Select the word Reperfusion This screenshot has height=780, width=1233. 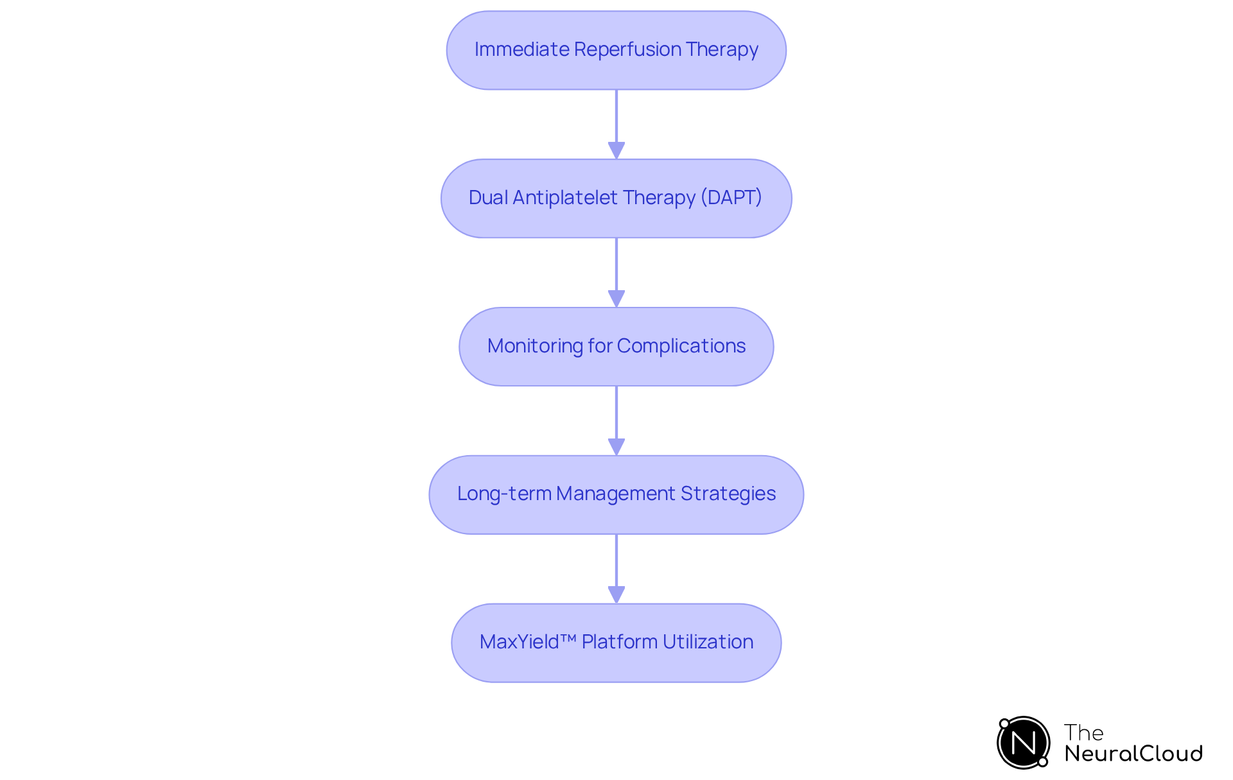pyautogui.click(x=627, y=49)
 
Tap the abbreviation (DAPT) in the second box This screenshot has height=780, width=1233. pyautogui.click(x=731, y=198)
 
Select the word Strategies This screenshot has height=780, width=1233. pyautogui.click(x=728, y=494)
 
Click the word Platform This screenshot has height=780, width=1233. pyautogui.click(x=619, y=642)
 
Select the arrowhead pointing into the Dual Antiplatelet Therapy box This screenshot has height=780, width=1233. pyautogui.click(x=616, y=150)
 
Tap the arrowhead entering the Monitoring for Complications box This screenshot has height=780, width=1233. pyautogui.click(x=616, y=299)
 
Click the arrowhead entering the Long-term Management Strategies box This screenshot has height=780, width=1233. pyautogui.click(x=616, y=447)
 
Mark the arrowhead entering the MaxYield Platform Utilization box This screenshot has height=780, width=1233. pyautogui.click(x=616, y=594)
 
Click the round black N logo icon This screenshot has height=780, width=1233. pyautogui.click(x=1023, y=743)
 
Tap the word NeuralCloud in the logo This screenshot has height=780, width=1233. pyautogui.click(x=1133, y=754)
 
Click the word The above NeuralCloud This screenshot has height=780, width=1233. pyautogui.click(x=1083, y=732)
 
